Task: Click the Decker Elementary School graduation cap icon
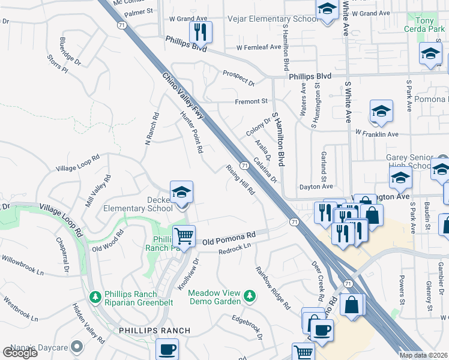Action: (x=181, y=193)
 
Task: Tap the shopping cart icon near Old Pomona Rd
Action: (x=184, y=235)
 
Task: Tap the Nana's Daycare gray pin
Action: (x=77, y=346)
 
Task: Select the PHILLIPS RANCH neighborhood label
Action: (x=154, y=331)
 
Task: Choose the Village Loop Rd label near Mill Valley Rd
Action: (x=78, y=166)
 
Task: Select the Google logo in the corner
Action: (x=20, y=352)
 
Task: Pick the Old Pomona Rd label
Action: (x=229, y=239)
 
